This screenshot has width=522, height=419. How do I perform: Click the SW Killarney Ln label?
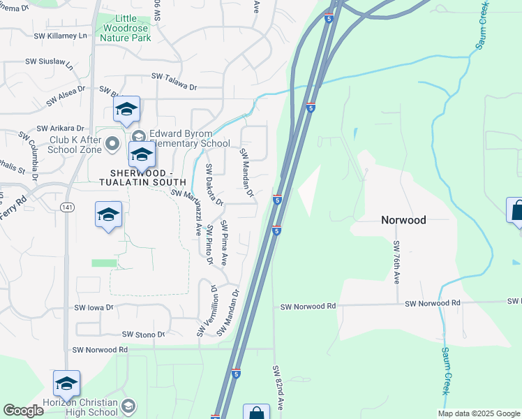[x=63, y=35]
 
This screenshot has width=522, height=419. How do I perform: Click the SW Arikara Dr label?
[x=61, y=128]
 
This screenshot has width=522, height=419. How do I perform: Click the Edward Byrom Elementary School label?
[x=180, y=139]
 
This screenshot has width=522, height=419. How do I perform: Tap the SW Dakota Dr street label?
[x=214, y=185]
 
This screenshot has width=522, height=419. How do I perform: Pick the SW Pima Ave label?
[x=224, y=242]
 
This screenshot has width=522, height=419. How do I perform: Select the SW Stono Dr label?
[x=143, y=335]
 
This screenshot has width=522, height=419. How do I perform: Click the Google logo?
[x=24, y=411]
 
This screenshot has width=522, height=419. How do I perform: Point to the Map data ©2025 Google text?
[x=478, y=413]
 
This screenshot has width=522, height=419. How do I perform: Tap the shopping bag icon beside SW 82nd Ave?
[x=257, y=413]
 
